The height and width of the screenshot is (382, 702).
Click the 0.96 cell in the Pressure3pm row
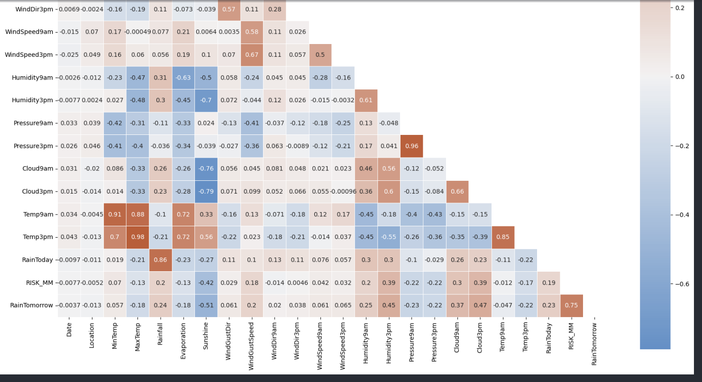411,146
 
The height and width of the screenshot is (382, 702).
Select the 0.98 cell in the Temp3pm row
137,237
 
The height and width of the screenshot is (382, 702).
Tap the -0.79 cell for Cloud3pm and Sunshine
206,192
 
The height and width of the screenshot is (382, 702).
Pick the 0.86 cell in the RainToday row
160,260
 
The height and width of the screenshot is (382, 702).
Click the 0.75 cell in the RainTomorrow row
571,305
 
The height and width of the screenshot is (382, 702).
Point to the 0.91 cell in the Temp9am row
115,214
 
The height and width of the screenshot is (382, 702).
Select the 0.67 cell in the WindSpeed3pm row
251,55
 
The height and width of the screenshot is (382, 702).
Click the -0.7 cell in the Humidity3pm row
206,100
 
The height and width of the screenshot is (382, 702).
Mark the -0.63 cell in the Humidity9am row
183,78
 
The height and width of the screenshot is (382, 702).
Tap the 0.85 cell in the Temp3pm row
502,237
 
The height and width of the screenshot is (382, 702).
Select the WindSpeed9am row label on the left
29,32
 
